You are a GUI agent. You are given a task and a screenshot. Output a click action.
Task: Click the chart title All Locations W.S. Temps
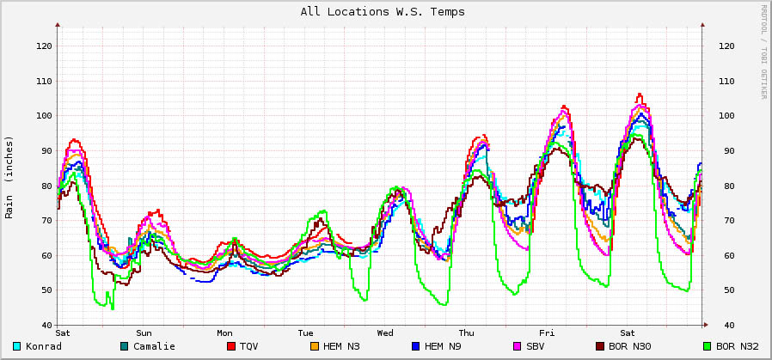383,12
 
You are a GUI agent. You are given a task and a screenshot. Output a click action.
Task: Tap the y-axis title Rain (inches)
9,177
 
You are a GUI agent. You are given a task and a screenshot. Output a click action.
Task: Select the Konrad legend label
43,346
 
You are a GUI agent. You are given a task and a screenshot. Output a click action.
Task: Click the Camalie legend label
154,346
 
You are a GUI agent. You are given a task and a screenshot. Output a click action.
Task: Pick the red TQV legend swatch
231,346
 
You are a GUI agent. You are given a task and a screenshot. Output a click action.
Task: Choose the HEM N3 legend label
340,346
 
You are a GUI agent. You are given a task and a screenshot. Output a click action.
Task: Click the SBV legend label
536,346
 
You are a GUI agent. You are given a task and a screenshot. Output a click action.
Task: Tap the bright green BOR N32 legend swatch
708,346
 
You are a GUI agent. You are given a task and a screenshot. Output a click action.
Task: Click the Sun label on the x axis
144,333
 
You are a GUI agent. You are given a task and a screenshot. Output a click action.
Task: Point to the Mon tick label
224,333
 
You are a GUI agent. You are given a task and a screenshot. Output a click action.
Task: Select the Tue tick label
305,333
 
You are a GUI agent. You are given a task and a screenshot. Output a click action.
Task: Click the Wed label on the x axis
385,333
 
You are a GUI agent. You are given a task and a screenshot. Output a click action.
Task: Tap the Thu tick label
466,333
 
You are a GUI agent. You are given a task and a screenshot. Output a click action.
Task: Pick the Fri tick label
547,333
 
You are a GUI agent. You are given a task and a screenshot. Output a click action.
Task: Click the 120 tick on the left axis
44,46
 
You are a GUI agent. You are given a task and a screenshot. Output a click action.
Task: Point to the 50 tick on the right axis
726,290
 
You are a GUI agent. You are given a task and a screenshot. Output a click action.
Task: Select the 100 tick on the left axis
44,116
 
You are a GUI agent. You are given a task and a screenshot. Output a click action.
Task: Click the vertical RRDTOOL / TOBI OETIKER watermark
763,52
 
